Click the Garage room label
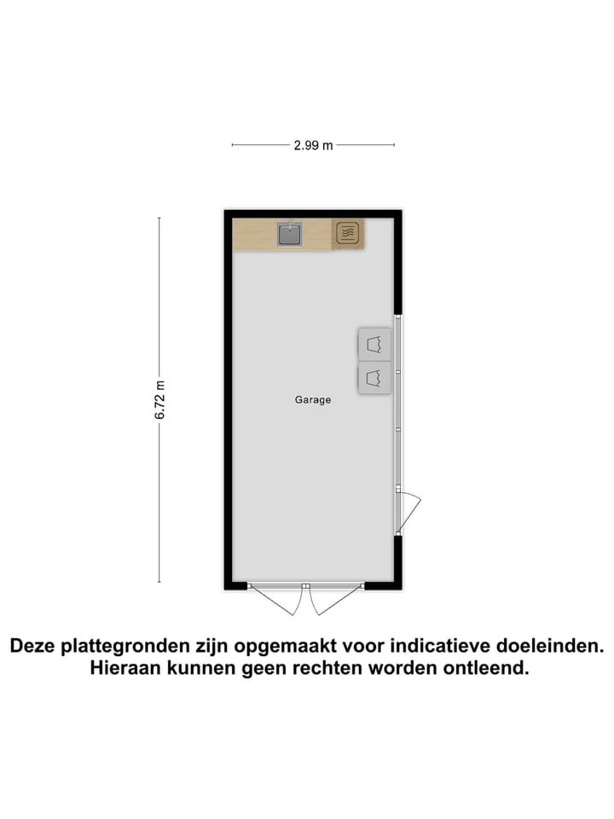313,399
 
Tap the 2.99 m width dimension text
313,145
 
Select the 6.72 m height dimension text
159,399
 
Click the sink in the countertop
289,234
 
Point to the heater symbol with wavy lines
346,234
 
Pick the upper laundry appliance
374,344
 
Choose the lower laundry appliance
374,377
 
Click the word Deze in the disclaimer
36,647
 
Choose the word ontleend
484,669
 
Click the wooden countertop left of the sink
254,234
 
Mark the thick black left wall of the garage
229,401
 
